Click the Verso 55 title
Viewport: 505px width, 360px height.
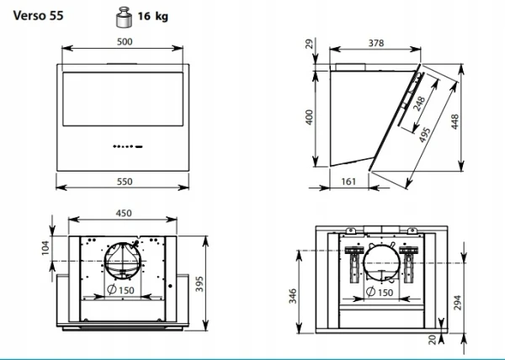coord(39,15)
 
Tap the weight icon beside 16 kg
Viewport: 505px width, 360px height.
coord(124,17)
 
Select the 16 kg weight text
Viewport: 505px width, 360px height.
coord(153,16)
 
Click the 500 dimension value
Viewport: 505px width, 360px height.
coord(125,42)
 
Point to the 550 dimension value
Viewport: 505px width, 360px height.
coord(125,182)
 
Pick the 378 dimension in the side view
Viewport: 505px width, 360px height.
coord(376,43)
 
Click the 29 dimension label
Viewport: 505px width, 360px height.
coord(309,44)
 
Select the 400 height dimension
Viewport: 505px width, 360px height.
coord(309,118)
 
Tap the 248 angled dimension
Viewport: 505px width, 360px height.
coord(419,103)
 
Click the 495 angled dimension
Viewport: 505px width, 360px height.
coord(424,135)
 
